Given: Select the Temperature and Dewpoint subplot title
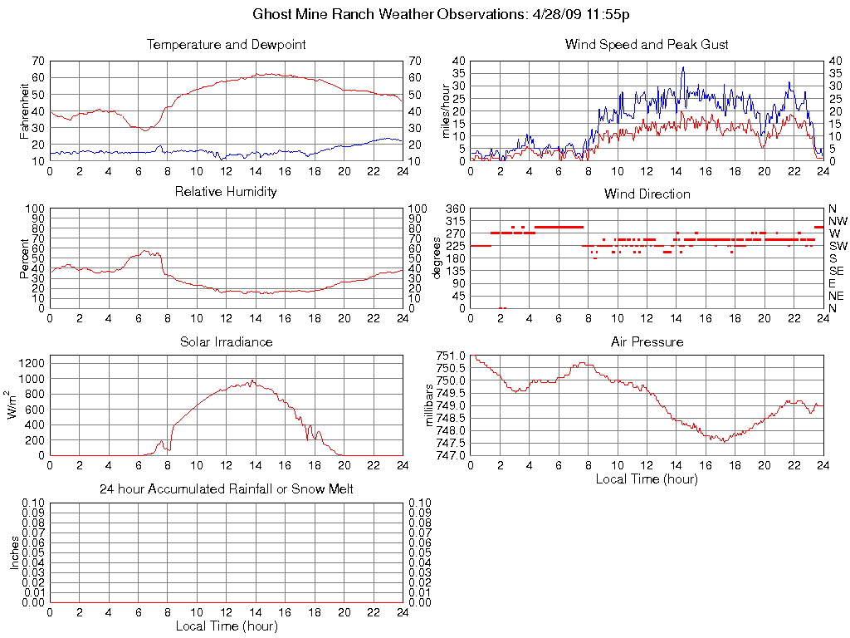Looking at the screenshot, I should [x=226, y=44].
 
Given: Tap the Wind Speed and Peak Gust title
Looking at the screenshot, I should [x=647, y=44].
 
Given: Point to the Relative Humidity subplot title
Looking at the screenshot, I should [x=226, y=192].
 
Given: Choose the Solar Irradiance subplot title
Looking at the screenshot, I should [x=226, y=341].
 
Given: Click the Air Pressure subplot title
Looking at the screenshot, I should [x=647, y=341].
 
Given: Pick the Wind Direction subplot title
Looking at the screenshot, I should [x=647, y=194].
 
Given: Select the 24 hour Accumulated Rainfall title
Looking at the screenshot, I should [x=226, y=489].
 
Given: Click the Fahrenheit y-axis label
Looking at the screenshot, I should [x=25, y=110].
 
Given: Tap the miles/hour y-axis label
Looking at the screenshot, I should [x=446, y=110].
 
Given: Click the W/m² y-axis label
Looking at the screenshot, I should [x=13, y=405].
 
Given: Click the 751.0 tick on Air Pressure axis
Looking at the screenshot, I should [x=452, y=356].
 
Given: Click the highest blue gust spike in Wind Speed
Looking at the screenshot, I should [x=683, y=68].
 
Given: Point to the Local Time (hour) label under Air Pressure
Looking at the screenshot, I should [x=647, y=479].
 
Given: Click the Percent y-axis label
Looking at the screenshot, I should [x=25, y=258].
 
